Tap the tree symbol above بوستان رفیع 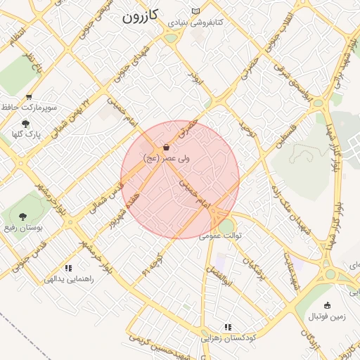pyautogui.click(x=22, y=217)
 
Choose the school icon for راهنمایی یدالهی pyautogui.click(x=68, y=268)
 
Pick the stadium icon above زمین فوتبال pyautogui.click(x=327, y=305)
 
